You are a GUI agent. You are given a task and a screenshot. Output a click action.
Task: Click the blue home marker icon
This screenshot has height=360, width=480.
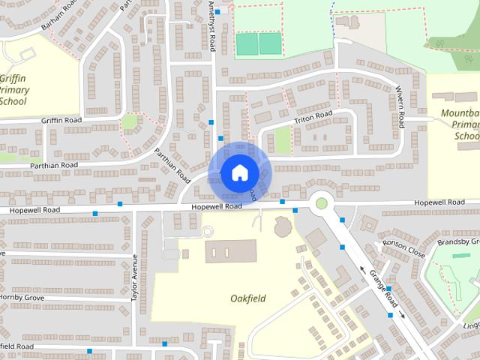click(239, 172)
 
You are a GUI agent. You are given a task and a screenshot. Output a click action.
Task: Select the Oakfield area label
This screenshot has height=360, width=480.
click(247, 298)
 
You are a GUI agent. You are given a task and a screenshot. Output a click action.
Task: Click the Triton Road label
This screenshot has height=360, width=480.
click(313, 116)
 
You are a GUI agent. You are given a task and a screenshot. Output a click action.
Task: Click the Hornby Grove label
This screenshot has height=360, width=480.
click(22, 297)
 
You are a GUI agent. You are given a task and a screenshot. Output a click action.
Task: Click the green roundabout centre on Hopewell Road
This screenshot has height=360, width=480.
click(322, 202)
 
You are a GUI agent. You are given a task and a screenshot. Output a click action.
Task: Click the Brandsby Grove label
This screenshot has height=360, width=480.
click(459, 241)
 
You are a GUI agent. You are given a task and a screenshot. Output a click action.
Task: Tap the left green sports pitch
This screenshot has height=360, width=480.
click(247, 43)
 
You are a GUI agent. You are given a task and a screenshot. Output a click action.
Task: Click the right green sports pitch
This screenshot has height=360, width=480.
click(270, 43)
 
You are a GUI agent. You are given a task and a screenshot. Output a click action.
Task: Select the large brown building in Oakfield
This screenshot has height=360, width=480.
click(229, 250)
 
